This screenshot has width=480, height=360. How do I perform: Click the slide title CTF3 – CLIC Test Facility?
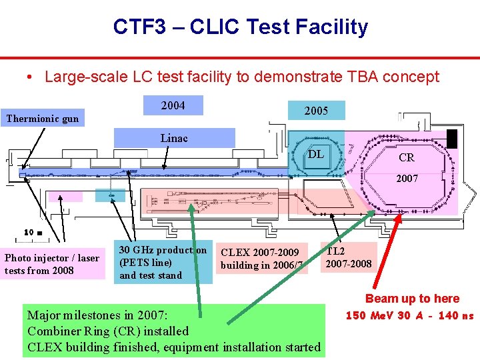[240, 27]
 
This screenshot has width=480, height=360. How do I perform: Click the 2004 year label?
[173, 106]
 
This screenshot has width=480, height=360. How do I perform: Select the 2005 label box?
[316, 111]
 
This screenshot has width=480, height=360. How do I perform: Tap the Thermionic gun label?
[42, 119]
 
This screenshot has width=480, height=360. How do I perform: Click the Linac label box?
[174, 138]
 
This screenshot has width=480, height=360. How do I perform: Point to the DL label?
[316, 155]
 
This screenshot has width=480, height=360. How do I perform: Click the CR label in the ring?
[406, 158]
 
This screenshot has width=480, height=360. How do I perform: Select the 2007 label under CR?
[407, 179]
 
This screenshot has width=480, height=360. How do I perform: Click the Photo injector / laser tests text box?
[52, 264]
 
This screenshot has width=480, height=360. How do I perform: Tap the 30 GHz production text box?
[163, 263]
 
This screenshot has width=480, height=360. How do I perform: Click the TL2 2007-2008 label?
[348, 258]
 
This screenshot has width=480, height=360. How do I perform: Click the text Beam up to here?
[412, 299]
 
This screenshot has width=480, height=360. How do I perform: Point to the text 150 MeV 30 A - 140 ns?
[409, 315]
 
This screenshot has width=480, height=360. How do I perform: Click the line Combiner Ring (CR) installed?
[108, 331]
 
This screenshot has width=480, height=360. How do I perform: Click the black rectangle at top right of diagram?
[452, 139]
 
